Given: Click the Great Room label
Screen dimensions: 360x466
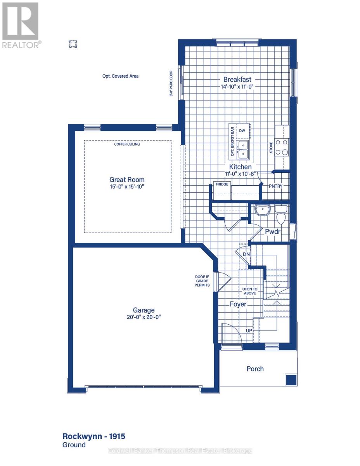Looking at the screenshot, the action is click(127, 179).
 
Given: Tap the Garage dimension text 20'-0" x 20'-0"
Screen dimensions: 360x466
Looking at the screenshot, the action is click(144, 317).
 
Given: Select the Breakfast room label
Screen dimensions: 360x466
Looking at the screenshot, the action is click(237, 79).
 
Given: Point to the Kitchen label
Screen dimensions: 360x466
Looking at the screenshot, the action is click(240, 167).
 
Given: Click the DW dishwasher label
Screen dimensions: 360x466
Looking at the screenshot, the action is click(242, 130).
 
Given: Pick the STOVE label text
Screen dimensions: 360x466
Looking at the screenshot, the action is click(271, 147).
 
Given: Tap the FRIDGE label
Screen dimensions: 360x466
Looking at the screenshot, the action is click(222, 184).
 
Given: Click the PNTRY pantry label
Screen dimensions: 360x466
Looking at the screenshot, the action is click(275, 186).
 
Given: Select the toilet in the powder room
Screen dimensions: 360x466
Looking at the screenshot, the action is click(281, 215).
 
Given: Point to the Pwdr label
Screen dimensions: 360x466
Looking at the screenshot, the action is click(273, 231).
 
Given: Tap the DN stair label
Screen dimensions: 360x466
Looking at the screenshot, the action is click(246, 254).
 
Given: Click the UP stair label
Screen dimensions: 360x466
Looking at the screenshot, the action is click(249, 331).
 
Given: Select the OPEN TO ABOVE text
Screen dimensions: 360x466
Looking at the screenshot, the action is click(250, 291).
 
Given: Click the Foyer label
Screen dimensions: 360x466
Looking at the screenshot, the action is click(238, 304).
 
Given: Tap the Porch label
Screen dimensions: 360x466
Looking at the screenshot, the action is click(255, 369).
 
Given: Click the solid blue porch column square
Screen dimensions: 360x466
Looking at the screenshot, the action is click(291, 380).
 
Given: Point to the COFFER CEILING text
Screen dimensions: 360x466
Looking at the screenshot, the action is click(127, 144).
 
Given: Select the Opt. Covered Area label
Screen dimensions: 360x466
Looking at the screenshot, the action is click(120, 76).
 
